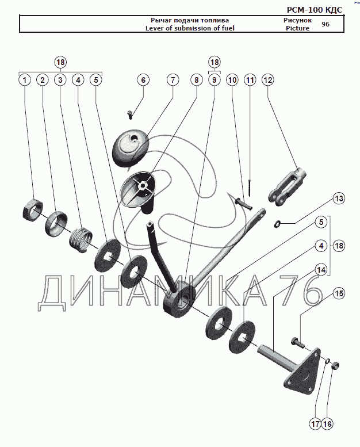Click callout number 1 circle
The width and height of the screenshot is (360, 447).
[24, 80]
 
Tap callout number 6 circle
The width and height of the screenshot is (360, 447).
[143, 80]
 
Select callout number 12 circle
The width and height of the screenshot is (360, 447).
[267, 80]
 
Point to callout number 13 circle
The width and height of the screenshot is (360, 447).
[339, 198]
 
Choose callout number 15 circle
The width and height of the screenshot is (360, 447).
[339, 293]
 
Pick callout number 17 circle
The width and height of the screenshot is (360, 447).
[315, 424]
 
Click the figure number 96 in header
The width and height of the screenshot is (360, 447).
[325, 24]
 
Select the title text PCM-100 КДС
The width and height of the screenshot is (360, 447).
[314, 10]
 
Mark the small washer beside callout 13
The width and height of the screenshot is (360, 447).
[277, 223]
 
